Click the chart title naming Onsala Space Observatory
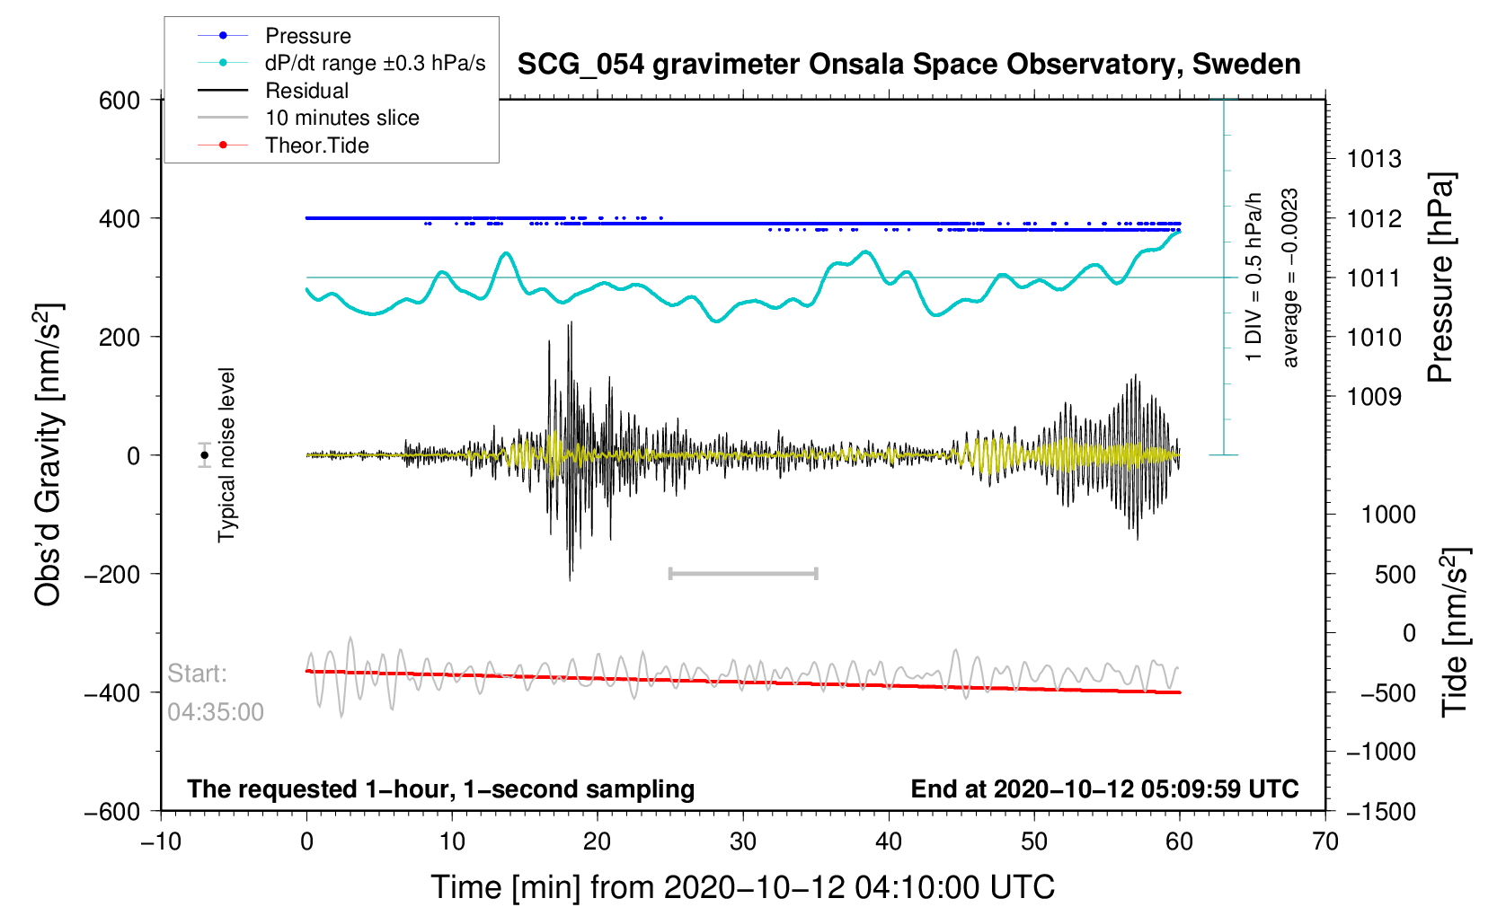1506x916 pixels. coord(908,65)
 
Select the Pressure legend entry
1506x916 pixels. coord(307,36)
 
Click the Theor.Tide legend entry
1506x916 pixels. coord(316,145)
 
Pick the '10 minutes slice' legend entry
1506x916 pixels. coord(341,118)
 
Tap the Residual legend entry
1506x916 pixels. coord(306,91)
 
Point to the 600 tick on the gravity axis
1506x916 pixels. coord(120,101)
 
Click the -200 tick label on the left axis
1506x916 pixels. coord(112,574)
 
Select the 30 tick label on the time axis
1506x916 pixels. coord(743,841)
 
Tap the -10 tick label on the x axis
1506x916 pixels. coord(161,841)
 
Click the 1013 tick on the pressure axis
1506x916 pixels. coord(1374,160)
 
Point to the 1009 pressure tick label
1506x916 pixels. coord(1374,397)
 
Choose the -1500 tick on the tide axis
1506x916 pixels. coord(1379,812)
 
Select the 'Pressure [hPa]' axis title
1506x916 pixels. coord(1440,278)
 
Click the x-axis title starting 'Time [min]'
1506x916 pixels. coord(742,887)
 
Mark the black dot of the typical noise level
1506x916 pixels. coord(205,455)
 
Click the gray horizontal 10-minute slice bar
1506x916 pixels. coord(743,573)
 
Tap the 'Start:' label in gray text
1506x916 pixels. coord(198,674)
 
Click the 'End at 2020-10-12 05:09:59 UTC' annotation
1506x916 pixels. coord(1104,789)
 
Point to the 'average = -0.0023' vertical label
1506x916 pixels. coord(1290,278)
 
